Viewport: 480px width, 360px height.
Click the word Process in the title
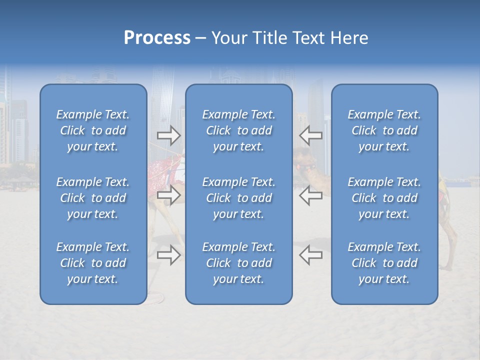coord(157,38)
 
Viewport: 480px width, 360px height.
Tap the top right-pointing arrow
coord(169,135)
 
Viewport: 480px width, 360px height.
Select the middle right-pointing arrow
coord(169,195)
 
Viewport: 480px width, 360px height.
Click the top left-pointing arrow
coord(310,135)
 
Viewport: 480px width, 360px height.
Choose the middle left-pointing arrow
coord(310,195)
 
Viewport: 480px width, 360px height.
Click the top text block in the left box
coord(93,130)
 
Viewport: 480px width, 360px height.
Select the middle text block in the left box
coord(93,198)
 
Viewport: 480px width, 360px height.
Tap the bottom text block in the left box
coord(93,263)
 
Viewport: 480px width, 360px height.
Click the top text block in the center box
coord(238,130)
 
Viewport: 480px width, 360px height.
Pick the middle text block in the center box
coord(238,198)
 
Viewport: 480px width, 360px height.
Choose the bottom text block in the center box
coord(238,263)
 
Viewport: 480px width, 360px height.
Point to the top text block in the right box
coord(384,130)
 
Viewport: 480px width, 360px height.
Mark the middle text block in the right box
coord(384,198)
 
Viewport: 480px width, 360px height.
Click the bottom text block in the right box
coord(384,263)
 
